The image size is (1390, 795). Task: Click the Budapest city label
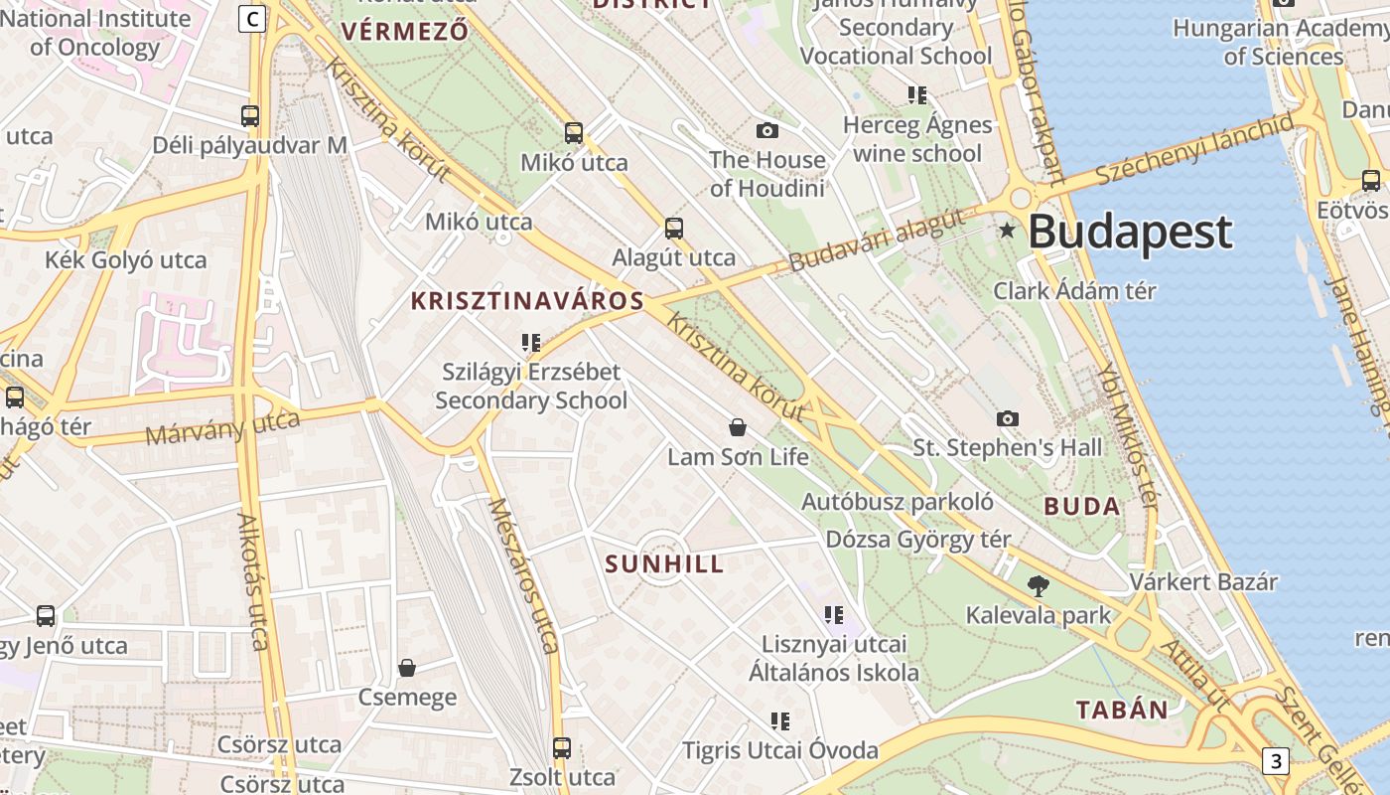1130,233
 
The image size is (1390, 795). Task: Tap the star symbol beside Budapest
1008,231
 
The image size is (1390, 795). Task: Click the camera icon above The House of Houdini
766,130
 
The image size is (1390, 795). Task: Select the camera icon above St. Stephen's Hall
1008,418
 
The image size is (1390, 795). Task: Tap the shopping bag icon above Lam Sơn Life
738,427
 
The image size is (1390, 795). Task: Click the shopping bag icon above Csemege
407,667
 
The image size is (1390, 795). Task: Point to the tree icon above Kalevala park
1039,585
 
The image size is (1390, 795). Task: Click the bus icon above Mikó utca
574,132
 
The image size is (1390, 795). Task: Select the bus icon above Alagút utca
674,228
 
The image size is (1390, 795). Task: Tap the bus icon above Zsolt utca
562,747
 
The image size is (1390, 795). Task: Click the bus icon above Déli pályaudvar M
250,115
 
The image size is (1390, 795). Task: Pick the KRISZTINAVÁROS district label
528,300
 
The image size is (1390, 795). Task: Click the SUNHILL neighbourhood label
664,564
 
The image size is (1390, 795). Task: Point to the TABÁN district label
1123,710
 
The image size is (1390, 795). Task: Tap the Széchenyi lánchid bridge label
1194,149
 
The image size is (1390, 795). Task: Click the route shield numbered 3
1275,761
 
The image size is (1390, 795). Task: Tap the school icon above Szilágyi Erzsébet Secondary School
531,343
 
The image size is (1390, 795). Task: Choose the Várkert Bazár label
1203,581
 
